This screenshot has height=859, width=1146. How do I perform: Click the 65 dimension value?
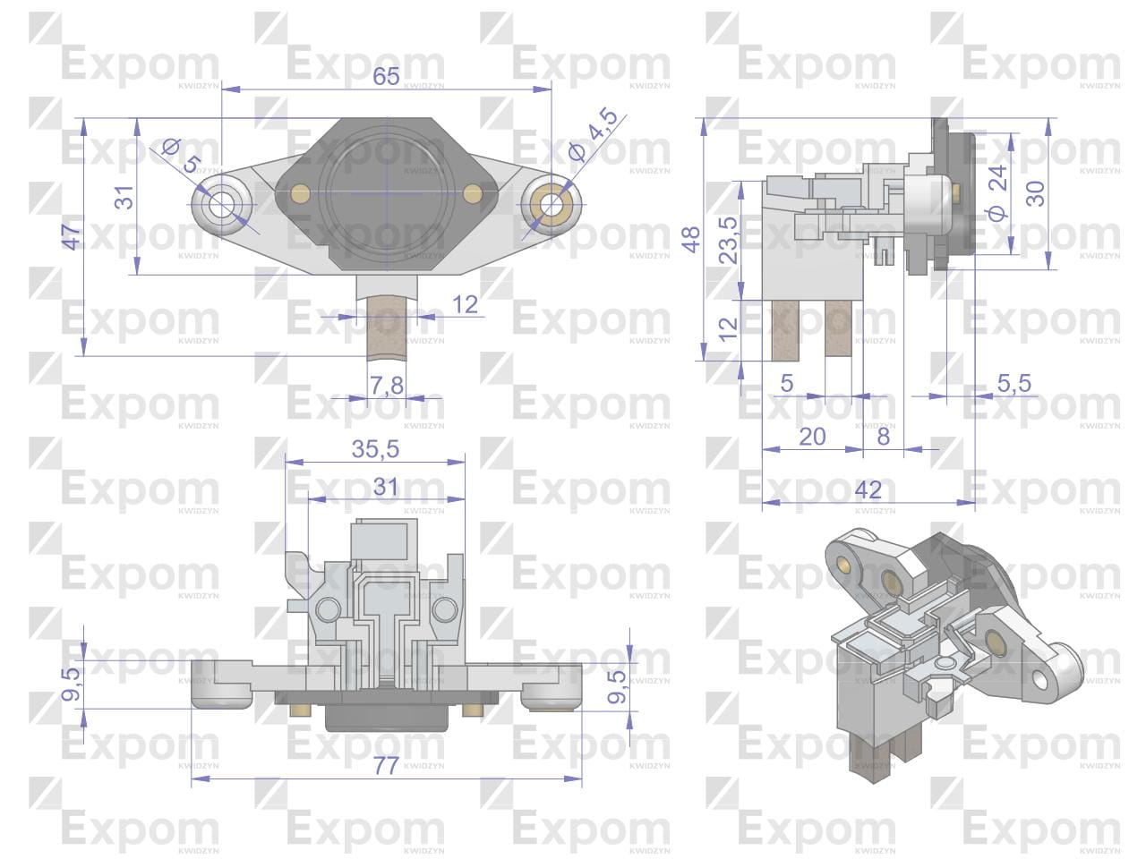[386, 76]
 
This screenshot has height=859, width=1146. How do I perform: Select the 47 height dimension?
[72, 236]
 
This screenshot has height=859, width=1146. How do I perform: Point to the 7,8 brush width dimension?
[387, 386]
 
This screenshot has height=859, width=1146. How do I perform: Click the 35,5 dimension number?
[375, 448]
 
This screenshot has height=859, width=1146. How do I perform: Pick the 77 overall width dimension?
[386, 766]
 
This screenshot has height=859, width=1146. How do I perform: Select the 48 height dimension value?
[691, 240]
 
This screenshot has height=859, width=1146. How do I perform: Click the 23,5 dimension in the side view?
[728, 241]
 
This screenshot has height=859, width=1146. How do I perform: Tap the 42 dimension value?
[868, 489]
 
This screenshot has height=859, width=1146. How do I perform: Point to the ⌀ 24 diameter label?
[997, 193]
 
